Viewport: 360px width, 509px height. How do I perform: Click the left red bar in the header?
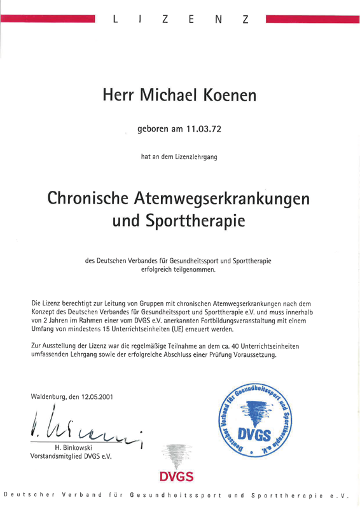[x=48, y=19]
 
